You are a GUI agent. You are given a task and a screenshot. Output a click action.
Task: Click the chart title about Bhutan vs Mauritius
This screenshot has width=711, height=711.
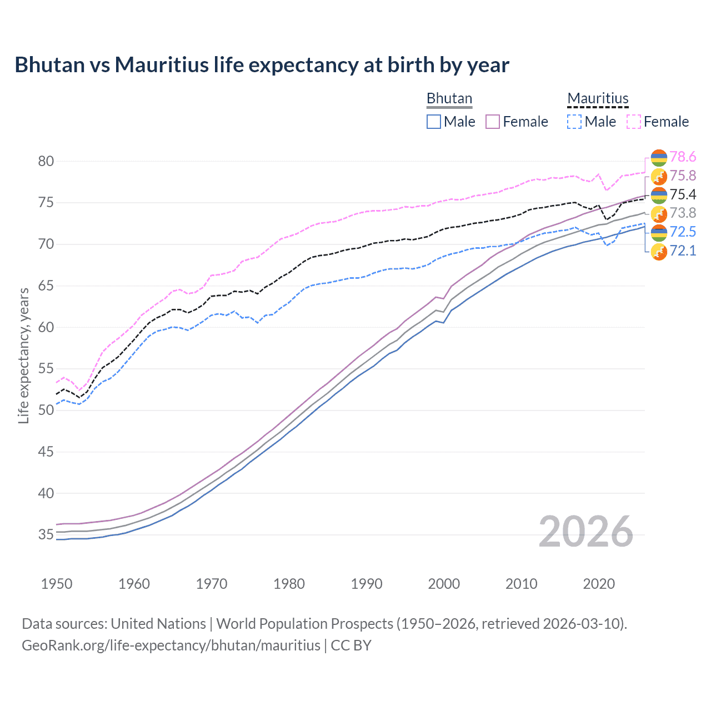[262, 65]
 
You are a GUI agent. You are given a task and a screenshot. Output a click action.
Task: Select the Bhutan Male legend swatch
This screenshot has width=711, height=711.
[434, 122]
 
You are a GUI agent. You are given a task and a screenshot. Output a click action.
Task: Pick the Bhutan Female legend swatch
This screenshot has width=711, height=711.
[493, 122]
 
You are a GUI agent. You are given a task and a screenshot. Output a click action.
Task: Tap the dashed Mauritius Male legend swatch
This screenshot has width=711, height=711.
[574, 122]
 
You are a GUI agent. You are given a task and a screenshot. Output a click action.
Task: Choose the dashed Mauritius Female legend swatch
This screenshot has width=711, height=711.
[634, 122]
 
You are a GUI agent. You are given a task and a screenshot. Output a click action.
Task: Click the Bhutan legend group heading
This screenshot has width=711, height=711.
[449, 99]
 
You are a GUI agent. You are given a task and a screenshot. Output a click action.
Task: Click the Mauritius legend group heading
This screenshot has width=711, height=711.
[598, 99]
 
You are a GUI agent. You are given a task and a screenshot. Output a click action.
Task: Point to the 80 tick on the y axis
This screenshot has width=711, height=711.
[46, 162]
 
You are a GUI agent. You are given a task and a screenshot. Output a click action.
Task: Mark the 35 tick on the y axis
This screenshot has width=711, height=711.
[46, 535]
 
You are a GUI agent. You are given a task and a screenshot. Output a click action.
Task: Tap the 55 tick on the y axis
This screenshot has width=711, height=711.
[46, 369]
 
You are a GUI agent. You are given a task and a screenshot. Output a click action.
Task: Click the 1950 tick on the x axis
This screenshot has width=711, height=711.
[57, 584]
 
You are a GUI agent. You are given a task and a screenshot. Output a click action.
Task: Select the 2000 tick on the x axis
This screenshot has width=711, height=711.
[444, 584]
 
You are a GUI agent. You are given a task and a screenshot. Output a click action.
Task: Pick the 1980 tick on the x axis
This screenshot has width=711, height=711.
[289, 584]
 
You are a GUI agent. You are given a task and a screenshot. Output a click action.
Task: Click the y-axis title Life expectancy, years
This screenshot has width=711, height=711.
[24, 355]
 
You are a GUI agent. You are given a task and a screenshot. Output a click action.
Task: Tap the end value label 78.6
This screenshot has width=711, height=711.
[683, 157]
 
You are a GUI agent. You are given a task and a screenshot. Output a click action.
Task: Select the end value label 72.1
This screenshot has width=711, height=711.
[683, 251]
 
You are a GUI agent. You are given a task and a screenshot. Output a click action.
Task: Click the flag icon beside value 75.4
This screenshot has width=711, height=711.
[659, 195]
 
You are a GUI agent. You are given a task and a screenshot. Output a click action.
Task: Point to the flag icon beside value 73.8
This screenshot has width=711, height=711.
[659, 214]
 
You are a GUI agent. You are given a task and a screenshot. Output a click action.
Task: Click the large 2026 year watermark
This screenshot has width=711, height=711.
[585, 532]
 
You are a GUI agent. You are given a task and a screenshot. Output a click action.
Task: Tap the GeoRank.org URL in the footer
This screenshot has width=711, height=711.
[171, 645]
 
